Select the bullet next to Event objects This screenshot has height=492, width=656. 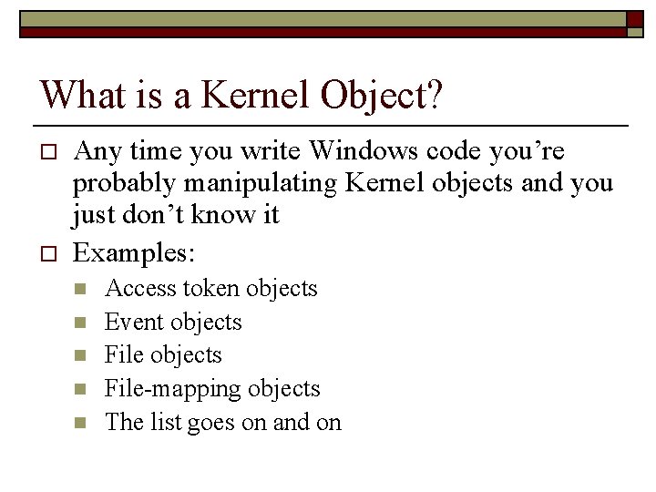[81, 323]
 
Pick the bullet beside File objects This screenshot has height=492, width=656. [81, 355]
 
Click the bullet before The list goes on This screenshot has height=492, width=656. [81, 423]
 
